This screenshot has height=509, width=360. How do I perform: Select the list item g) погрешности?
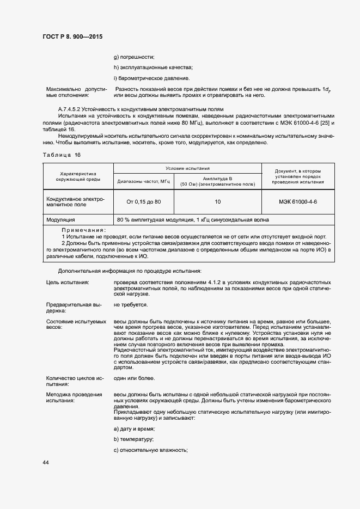[x=134, y=57]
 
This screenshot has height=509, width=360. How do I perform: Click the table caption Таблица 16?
[x=62, y=155]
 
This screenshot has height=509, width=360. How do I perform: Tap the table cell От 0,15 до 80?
[x=143, y=202]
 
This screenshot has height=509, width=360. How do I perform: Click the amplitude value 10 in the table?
[x=217, y=202]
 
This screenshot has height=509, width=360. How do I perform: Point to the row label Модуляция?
[x=61, y=220]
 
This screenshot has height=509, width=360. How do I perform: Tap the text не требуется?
[x=131, y=305]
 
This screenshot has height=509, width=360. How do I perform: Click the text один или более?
[x=134, y=378]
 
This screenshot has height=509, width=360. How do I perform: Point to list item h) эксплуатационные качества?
[x=153, y=68]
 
